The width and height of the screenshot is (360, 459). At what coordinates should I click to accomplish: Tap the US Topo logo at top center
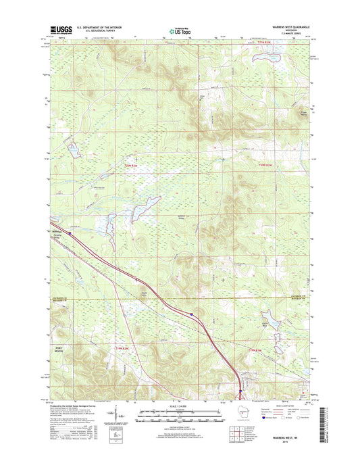point(179,30)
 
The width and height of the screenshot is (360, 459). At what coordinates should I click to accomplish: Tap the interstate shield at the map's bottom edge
point(238,396)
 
